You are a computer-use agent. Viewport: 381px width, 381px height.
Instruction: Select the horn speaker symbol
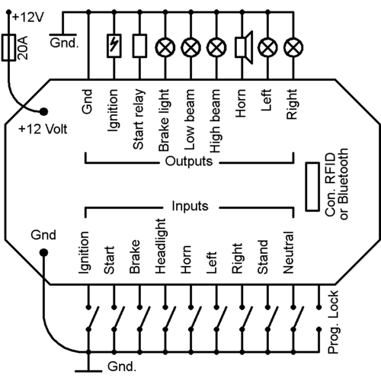point(242,47)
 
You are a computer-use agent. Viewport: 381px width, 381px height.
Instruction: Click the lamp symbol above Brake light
point(165,47)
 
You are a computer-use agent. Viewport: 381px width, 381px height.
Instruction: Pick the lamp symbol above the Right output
point(291,47)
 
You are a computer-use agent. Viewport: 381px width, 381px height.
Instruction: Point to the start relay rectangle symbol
point(139,47)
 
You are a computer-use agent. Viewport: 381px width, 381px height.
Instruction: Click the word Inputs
point(189,207)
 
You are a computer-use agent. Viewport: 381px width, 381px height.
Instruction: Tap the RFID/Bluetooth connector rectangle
point(312,185)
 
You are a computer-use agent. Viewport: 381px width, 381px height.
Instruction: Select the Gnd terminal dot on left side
point(43,253)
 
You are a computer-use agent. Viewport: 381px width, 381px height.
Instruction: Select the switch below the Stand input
point(266,317)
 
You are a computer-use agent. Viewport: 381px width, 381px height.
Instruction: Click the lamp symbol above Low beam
point(190,47)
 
